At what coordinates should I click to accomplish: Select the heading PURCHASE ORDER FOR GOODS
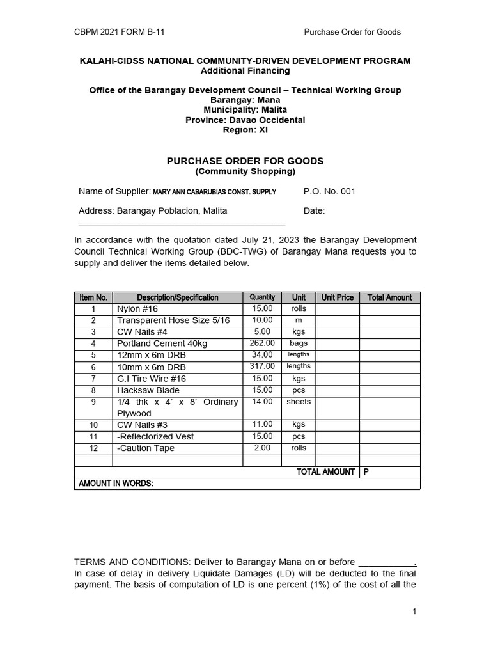(245, 161)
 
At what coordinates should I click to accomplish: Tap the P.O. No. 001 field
(329, 191)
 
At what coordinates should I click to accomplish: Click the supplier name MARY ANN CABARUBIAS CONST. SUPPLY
(214, 192)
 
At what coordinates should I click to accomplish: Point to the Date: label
(314, 210)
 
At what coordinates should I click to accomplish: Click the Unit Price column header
(337, 297)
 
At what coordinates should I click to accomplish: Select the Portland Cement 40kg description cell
(162, 343)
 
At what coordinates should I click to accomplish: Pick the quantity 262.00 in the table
(262, 343)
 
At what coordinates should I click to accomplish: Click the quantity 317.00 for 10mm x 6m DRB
(262, 367)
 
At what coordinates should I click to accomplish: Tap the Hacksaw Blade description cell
(148, 390)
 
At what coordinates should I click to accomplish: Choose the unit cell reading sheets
(299, 402)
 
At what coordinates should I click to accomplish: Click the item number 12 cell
(93, 448)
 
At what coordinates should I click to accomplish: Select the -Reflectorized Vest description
(155, 437)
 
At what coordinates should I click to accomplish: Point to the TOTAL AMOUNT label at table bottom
(325, 472)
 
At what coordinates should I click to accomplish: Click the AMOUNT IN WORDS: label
(116, 484)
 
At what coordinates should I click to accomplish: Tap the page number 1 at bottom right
(414, 612)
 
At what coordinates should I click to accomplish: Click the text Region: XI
(245, 130)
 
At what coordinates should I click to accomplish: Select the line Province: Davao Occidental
(245, 120)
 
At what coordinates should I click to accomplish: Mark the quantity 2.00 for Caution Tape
(262, 448)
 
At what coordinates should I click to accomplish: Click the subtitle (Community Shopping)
(245, 171)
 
